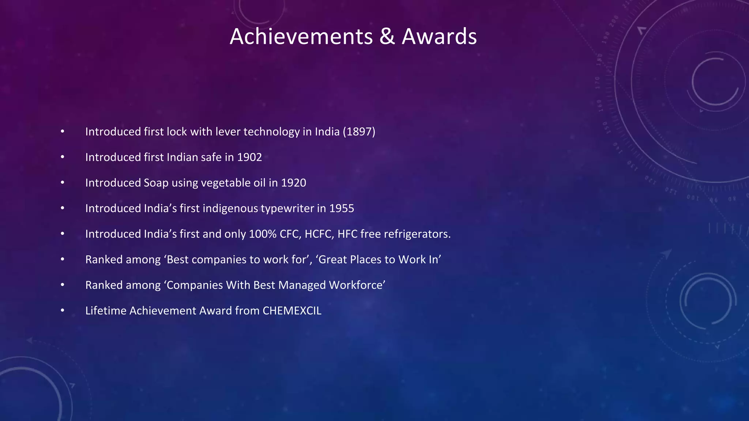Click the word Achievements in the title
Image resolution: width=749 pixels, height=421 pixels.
301,37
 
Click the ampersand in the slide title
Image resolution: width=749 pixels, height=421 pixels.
387,37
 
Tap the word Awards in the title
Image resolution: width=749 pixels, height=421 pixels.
439,37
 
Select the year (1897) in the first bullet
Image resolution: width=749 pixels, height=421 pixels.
359,132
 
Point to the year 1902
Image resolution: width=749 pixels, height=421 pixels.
249,157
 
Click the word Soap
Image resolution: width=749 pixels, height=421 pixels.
156,183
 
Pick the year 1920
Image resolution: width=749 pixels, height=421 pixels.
293,183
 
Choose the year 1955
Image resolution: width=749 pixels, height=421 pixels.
342,208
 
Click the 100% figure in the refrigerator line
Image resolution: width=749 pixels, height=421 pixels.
263,234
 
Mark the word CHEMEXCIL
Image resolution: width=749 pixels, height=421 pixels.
292,311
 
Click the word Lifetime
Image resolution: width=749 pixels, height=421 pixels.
106,311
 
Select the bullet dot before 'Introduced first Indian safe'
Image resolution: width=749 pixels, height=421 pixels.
63,157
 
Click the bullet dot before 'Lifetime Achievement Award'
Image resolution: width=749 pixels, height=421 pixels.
63,311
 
